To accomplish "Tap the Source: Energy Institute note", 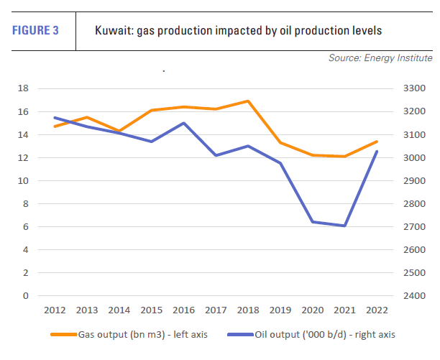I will [x=380, y=57].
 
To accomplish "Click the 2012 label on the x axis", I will [x=55, y=310].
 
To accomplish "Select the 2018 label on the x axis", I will [x=247, y=310].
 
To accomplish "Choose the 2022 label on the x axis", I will [x=376, y=310].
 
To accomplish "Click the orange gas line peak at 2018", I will [x=247, y=101].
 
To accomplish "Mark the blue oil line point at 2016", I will [x=183, y=123].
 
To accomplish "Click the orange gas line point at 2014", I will [x=119, y=131].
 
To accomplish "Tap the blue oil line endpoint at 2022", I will [x=376, y=151].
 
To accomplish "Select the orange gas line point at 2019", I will [x=280, y=143].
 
